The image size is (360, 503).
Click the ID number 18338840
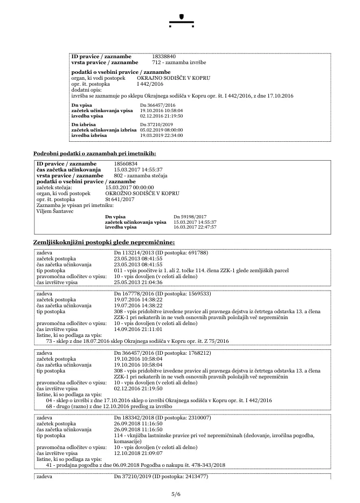(x=164, y=56)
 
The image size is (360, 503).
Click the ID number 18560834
(x=126, y=163)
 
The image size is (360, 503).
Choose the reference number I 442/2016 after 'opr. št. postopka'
(x=150, y=84)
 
